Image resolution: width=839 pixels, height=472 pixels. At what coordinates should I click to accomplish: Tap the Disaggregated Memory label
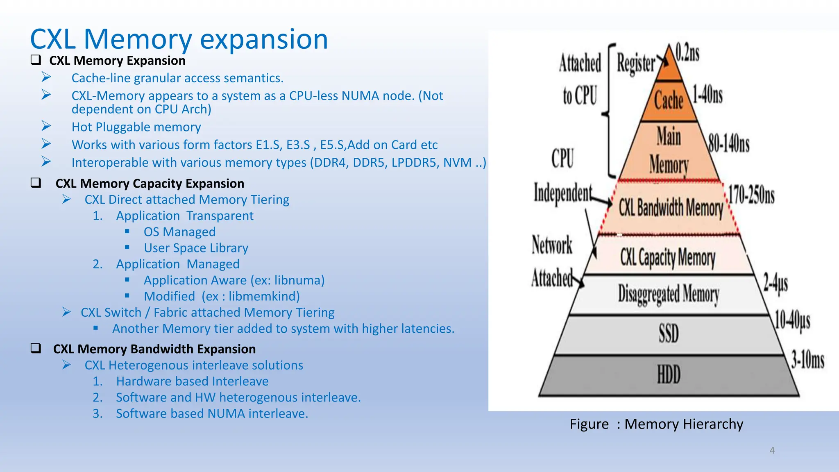click(x=669, y=294)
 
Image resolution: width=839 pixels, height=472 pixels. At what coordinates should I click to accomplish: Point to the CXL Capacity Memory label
click(x=668, y=258)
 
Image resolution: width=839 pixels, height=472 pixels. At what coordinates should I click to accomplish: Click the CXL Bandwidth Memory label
click(x=671, y=207)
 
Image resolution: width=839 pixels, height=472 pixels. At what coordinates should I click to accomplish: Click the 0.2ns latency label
click(x=687, y=53)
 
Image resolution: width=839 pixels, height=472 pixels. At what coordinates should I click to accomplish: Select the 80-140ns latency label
click(x=729, y=144)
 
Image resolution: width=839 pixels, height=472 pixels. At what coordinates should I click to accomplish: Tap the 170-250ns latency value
click(x=751, y=195)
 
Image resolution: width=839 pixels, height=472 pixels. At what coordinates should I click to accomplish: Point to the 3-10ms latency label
click(x=807, y=360)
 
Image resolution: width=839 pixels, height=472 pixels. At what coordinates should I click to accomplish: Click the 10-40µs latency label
click(x=792, y=320)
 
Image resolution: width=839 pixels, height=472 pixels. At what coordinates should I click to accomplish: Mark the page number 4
click(x=772, y=450)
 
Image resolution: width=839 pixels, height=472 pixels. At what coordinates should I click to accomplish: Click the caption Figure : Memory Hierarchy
click(x=656, y=424)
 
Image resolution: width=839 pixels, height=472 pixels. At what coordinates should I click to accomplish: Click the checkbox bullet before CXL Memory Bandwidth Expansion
click(x=36, y=348)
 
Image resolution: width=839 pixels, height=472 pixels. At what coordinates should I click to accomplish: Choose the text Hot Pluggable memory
click(x=136, y=127)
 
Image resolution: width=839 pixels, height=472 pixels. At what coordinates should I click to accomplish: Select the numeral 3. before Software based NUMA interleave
click(x=98, y=413)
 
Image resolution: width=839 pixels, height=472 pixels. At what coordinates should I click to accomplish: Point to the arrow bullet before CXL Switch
click(x=67, y=312)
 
